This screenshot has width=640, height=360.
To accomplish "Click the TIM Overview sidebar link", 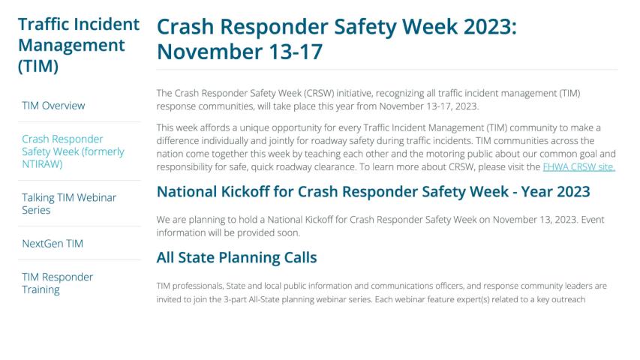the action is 53,106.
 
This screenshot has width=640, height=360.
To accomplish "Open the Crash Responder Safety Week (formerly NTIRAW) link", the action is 73,151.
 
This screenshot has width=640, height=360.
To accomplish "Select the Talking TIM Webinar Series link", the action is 69,204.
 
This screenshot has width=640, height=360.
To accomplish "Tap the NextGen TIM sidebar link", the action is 53,244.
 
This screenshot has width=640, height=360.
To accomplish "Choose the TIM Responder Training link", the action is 58,283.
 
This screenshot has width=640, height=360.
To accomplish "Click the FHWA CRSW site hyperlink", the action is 578,167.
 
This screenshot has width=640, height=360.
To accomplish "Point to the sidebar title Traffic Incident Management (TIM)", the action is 79,45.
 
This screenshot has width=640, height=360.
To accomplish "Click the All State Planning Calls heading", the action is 237,257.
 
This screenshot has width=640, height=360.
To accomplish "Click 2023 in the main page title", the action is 490,27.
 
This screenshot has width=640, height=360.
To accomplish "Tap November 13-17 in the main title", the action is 239,52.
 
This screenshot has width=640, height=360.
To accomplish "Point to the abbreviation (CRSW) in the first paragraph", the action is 319,93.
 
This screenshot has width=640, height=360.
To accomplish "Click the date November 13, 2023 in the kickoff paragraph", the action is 535,220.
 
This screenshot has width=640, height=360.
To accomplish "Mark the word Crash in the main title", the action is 185,27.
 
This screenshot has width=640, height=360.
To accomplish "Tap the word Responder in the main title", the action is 275,27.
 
